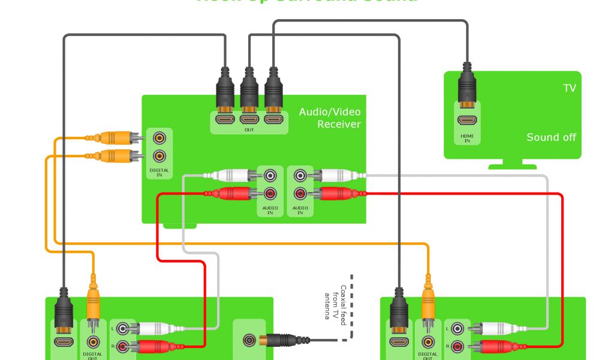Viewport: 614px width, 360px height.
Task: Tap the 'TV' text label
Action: point(569,88)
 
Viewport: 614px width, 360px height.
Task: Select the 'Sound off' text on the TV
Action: point(551,137)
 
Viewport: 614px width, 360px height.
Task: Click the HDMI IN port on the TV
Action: point(467,121)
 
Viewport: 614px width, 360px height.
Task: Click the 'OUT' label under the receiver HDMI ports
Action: point(249,130)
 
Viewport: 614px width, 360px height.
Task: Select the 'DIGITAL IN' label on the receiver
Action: point(159,172)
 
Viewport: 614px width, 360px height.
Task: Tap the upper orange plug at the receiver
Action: point(118,138)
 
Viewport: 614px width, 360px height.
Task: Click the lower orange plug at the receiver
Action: point(118,157)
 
